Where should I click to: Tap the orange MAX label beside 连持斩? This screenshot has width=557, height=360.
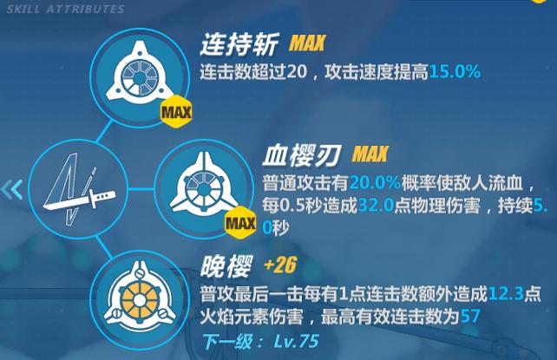(308, 44)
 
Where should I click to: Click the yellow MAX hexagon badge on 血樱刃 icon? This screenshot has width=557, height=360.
(239, 225)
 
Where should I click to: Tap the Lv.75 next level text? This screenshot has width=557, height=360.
(298, 340)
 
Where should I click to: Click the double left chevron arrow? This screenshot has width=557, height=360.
(12, 190)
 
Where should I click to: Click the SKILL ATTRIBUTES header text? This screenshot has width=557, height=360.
(65, 9)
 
